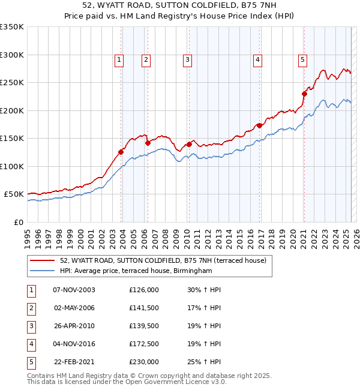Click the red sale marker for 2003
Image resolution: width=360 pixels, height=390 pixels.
(x=121, y=152)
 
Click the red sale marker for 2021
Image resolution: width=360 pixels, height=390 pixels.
(x=304, y=94)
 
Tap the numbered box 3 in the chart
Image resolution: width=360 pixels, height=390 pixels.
(x=188, y=59)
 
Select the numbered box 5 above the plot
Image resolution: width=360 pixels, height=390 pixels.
(x=302, y=59)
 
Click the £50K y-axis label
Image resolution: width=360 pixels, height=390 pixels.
(x=14, y=194)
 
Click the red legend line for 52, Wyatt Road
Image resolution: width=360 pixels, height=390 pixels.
(x=43, y=260)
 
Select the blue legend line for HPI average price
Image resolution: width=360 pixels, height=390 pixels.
(x=43, y=271)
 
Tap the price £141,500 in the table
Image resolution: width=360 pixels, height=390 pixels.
(x=144, y=308)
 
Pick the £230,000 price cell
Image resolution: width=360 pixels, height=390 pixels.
(x=144, y=362)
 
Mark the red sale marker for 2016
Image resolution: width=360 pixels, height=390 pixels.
(x=259, y=125)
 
